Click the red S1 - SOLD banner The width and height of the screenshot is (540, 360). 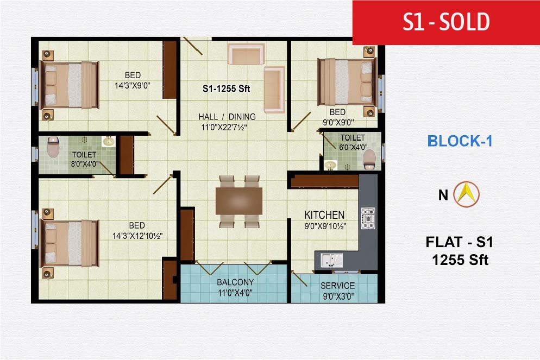click(x=446, y=22)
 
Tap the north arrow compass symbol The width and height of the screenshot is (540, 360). click(x=466, y=194)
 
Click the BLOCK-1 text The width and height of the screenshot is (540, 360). click(x=460, y=141)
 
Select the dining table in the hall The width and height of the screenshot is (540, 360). click(x=238, y=201)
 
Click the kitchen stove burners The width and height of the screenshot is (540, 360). click(x=368, y=218)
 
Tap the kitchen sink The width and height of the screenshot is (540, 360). click(x=331, y=260)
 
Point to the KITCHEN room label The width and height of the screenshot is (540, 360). click(x=324, y=215)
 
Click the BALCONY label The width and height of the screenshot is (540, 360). click(x=235, y=282)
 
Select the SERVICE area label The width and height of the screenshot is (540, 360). click(x=337, y=286)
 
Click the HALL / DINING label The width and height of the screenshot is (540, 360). click(x=227, y=117)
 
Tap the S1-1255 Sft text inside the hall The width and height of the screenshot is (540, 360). click(x=226, y=89)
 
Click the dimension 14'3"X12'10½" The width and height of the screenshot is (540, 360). click(x=137, y=236)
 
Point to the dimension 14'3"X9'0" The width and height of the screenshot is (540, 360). click(x=132, y=85)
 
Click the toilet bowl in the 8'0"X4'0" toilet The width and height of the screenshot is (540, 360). click(x=53, y=147)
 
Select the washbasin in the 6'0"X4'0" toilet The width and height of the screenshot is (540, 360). click(x=331, y=165)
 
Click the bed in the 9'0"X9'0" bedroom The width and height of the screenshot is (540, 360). click(x=347, y=82)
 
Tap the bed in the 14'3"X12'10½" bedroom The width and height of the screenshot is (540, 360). click(x=70, y=243)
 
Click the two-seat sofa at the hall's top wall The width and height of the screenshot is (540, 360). click(x=246, y=54)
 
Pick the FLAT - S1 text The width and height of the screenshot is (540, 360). click(x=460, y=242)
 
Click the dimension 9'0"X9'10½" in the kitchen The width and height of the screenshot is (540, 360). click(x=325, y=226)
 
